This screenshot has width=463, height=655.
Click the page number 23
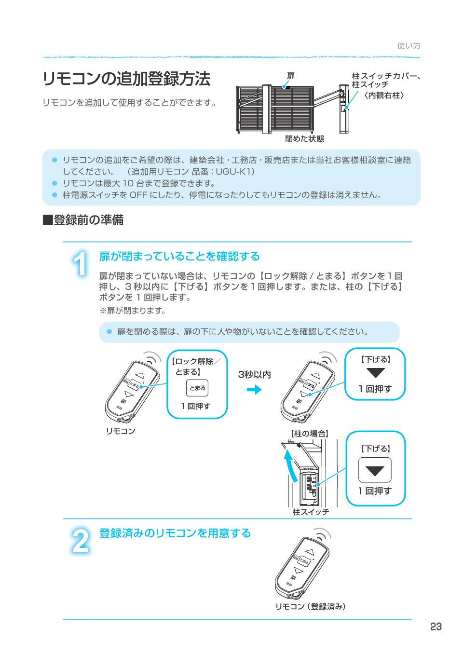point(436,627)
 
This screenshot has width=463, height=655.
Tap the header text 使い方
point(409,45)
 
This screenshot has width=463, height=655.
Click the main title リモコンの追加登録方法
point(126,79)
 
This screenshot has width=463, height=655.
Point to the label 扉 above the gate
point(290,76)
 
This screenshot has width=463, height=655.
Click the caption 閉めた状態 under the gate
point(304,139)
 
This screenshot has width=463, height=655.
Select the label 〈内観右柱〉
point(384,95)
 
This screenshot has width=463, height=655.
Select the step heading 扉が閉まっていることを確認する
point(179,256)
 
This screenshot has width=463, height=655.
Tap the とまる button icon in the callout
point(197,388)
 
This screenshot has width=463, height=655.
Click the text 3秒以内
point(254,375)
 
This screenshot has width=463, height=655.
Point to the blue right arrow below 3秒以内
point(254,390)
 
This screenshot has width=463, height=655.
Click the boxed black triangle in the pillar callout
point(375,470)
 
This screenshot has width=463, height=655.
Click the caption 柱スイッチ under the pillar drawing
point(311,512)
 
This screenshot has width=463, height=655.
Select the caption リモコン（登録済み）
point(311,606)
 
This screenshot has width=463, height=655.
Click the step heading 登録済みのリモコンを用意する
point(175,533)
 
